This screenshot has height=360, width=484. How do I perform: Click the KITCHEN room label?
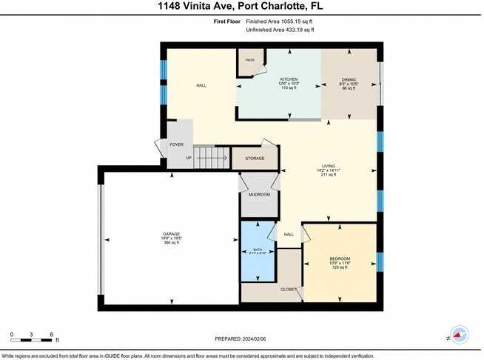(x=289, y=79)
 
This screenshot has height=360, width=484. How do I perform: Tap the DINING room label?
(x=349, y=79)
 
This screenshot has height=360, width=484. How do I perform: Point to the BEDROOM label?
(x=340, y=259)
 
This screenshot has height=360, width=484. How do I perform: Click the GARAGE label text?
(x=172, y=234)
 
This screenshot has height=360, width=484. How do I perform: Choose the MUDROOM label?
(x=258, y=195)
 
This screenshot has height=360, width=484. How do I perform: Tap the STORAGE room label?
(x=254, y=158)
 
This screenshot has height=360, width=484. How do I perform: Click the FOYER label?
(x=176, y=144)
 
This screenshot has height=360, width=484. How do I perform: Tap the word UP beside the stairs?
(x=189, y=158)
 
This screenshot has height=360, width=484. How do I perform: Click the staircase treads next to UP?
(x=211, y=157)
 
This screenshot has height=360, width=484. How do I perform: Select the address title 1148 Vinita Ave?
(x=241, y=7)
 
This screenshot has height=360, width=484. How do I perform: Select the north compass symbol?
(x=459, y=336)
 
